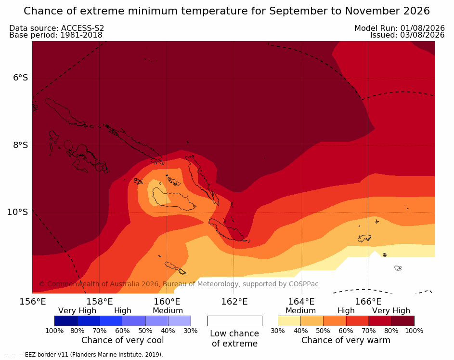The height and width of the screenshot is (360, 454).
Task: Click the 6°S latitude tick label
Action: pos(21,78)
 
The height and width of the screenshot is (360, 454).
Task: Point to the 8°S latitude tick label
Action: pos(21,145)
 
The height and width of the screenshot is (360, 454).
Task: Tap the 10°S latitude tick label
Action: pos(18,212)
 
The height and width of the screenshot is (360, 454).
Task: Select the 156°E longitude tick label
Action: pos(33,302)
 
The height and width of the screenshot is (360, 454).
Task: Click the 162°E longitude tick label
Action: pos(234,302)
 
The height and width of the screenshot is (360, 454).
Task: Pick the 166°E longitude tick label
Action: pos(368,302)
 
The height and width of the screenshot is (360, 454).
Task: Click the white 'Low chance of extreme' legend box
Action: pos(235,321)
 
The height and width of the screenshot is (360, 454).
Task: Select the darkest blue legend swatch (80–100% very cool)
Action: pos(66,321)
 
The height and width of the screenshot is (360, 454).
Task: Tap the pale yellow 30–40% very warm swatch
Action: pos(289,321)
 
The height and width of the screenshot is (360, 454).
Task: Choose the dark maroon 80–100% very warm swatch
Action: pos(403,321)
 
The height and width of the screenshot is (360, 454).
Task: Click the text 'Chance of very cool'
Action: pos(122,340)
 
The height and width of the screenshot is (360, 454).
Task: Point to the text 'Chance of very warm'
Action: pos(346,340)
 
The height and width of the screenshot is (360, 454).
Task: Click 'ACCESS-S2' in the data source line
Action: pos(82,28)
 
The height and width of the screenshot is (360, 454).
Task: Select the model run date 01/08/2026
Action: pos(422,28)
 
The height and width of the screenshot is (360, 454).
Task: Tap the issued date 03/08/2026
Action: pos(422,35)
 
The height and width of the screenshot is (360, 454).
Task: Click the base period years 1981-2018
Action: pos(81,35)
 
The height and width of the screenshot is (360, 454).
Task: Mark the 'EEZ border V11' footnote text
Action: pos(42,355)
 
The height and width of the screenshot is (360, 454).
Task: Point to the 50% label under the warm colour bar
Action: pos(323,331)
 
